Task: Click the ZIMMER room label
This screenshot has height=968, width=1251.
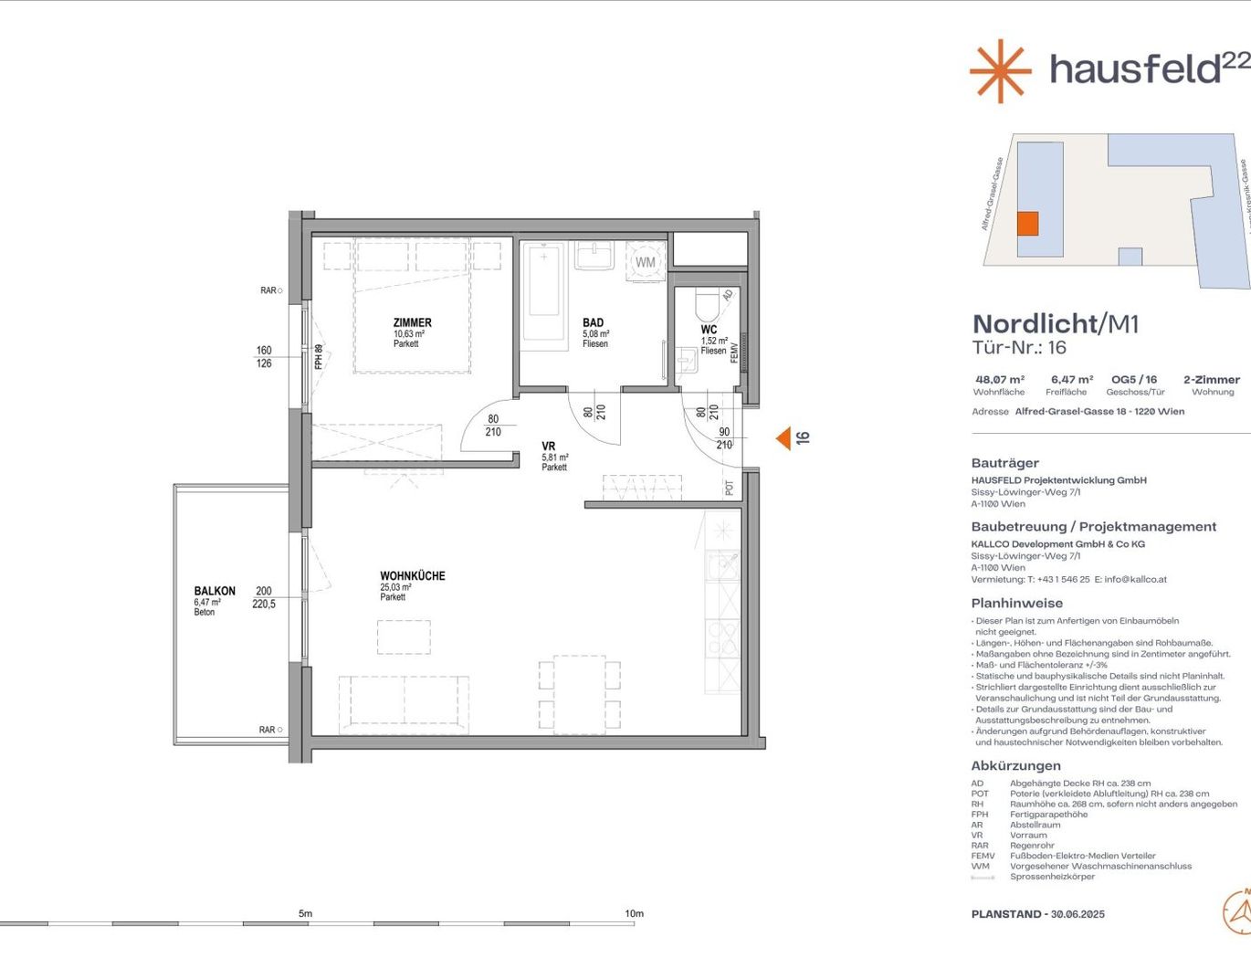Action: coord(412,323)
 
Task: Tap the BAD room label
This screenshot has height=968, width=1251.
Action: coord(593,323)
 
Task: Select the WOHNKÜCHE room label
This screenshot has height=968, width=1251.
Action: coord(413,576)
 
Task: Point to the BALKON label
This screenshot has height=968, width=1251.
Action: coord(215,591)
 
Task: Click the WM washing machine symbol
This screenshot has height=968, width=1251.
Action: coord(646,262)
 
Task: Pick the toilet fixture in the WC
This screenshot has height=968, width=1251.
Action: coord(708,303)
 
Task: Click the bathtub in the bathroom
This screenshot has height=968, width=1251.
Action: coord(545,290)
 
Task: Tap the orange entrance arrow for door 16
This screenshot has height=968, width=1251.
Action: coord(783,439)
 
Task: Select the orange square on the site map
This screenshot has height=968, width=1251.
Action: coord(1027,224)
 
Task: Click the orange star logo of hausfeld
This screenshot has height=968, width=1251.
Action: coord(1000,70)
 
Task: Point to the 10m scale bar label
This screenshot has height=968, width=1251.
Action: coord(634,913)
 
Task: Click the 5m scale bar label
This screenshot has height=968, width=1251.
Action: coord(305,913)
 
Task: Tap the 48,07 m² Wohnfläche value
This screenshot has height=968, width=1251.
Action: coord(1000,380)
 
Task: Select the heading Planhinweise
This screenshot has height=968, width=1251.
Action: coord(1016,604)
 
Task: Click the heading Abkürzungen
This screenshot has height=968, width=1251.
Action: coord(1015,766)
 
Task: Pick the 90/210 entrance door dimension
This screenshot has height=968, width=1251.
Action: coord(724,438)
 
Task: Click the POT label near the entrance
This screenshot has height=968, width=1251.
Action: coord(729,488)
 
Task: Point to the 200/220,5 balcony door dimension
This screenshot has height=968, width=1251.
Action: coord(264,597)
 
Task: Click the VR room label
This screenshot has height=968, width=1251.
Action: coord(548,447)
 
